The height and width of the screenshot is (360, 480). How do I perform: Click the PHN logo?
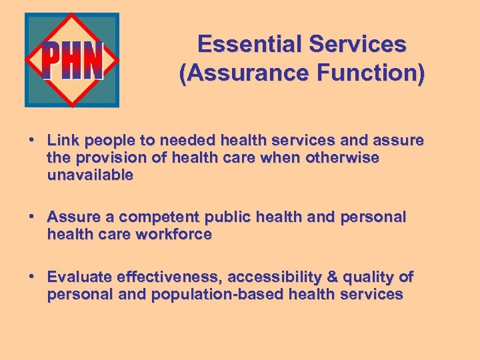click(x=72, y=60)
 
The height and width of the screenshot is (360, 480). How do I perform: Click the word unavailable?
click(x=90, y=175)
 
